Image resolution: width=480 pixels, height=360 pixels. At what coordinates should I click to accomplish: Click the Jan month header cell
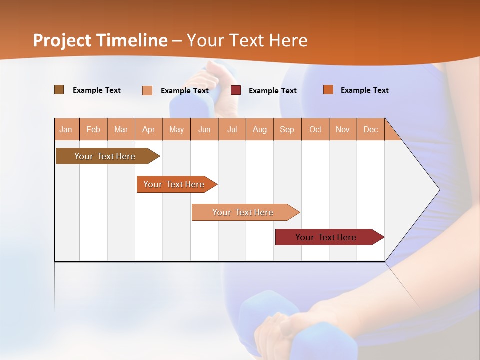(x=66, y=129)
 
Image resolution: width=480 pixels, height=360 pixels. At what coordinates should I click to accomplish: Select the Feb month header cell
(x=93, y=129)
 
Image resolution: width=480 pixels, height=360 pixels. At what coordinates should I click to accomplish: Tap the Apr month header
(x=149, y=129)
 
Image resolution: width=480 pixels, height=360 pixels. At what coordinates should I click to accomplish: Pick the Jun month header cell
(x=204, y=129)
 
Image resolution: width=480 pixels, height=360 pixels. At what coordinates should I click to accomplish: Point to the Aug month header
(x=260, y=129)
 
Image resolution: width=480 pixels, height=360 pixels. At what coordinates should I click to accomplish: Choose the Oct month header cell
(x=315, y=129)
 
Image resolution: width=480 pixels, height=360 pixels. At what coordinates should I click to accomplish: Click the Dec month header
(x=371, y=129)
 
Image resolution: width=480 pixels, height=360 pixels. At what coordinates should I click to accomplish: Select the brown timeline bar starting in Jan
(x=105, y=156)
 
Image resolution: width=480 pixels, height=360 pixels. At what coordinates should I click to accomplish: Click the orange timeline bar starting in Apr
(x=174, y=184)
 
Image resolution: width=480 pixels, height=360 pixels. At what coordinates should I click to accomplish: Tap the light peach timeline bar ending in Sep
(x=243, y=212)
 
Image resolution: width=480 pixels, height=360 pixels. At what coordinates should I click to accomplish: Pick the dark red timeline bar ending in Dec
(x=326, y=237)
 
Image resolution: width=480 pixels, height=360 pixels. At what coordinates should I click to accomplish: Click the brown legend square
(x=59, y=90)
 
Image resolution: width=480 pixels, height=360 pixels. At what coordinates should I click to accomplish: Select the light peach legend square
(x=147, y=90)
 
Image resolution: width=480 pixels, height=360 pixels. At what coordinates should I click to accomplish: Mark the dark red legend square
(x=236, y=90)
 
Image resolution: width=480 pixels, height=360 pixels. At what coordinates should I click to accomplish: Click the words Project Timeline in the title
(x=100, y=40)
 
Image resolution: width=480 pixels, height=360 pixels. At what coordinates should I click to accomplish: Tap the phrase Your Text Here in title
(x=247, y=40)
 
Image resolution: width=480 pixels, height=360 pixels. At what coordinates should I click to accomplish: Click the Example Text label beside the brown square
(x=97, y=90)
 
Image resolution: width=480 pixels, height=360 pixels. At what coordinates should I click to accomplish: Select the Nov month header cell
(x=343, y=129)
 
